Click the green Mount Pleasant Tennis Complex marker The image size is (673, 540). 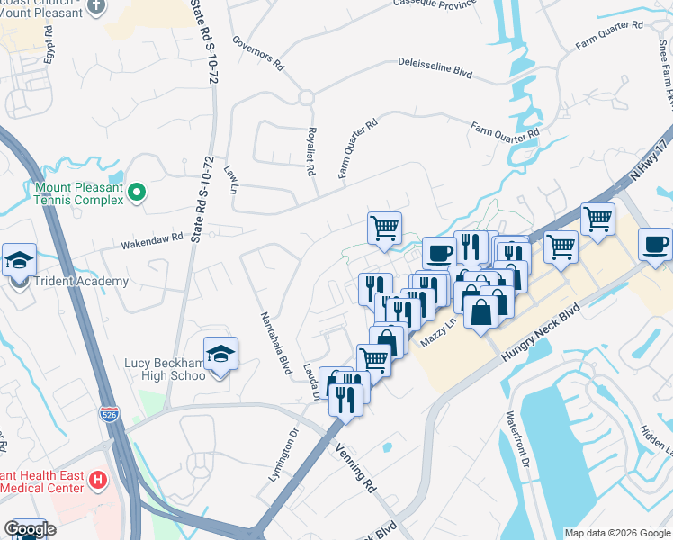point(136,191)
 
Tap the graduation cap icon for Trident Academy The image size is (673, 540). point(19,260)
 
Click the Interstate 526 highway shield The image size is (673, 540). point(107,414)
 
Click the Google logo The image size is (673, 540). point(29,529)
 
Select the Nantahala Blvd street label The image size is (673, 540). point(276,343)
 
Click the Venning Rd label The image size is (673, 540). point(354,469)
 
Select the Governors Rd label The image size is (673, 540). point(257,53)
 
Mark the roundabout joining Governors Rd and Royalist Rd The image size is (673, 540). point(307,96)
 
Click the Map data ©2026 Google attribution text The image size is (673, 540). point(616,533)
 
